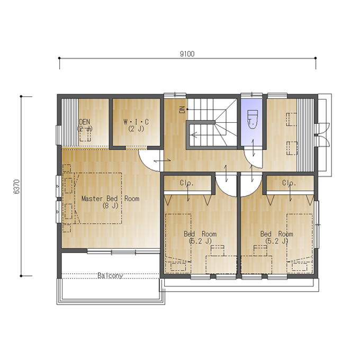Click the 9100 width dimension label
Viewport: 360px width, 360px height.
point(187,54)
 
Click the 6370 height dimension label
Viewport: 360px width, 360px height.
point(17,187)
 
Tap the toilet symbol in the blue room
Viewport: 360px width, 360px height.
point(252,120)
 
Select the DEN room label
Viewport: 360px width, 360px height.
point(85,122)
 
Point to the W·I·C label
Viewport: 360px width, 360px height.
point(136,122)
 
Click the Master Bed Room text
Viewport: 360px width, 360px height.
point(111,199)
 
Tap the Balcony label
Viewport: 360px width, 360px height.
point(110,275)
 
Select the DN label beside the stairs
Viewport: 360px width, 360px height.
point(182,110)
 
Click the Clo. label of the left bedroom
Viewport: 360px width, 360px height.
point(187,183)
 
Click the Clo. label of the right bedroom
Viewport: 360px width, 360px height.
point(289,183)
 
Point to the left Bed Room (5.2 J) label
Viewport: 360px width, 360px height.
point(200,237)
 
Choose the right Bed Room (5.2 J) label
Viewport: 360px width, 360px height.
point(277,237)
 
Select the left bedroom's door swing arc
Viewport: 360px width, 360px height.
point(223,191)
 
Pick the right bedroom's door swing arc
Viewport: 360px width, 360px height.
point(254,191)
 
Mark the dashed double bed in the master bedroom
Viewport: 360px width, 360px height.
point(98,198)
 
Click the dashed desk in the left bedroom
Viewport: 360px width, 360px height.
point(221,265)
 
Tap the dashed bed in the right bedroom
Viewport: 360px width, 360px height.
point(300,244)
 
